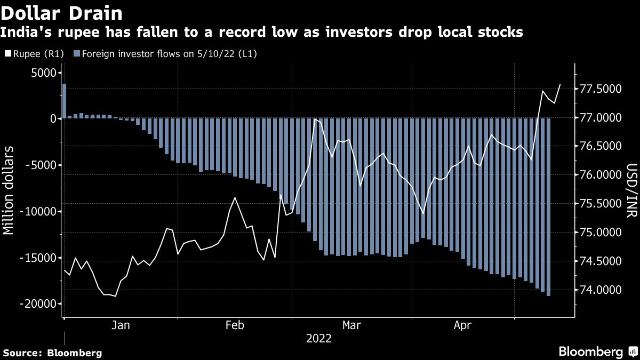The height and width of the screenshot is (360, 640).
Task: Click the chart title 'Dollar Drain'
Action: click(x=63, y=12)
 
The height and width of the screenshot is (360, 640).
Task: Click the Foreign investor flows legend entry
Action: click(x=165, y=53)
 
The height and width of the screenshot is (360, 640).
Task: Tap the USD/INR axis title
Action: click(x=631, y=192)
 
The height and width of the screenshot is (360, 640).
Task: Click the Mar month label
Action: click(x=351, y=325)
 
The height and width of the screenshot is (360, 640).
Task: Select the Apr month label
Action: click(x=463, y=325)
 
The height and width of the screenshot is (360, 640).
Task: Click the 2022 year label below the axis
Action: click(x=318, y=339)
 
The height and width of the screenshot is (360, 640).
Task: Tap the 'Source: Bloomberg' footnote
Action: click(x=52, y=353)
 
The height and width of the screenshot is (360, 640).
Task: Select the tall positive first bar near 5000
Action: click(x=64, y=101)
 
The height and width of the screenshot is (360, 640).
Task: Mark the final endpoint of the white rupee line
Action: click(x=560, y=84)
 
